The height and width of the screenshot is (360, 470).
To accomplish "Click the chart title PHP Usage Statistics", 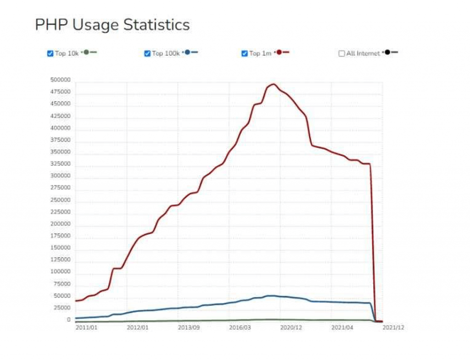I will click(112, 24).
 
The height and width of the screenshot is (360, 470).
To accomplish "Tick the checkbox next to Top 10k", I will click(50, 53).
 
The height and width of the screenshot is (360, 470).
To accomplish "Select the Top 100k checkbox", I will click(147, 53).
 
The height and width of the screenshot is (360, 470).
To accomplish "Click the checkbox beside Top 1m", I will click(245, 53).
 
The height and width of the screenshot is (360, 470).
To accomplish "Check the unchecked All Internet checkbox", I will click(341, 53).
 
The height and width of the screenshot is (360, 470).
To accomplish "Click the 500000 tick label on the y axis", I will click(61, 80).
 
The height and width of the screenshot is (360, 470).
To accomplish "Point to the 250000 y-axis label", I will click(61, 200).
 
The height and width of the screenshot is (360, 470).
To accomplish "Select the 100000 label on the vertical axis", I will click(61, 271).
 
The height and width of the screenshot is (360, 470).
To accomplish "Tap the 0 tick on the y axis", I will click(68, 320).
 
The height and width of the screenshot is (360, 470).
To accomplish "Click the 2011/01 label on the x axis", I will click(86, 327).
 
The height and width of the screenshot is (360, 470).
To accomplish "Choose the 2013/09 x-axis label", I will click(189, 327).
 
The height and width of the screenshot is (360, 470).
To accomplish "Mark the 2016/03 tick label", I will click(240, 327).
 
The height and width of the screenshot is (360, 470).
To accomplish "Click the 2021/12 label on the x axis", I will click(393, 327).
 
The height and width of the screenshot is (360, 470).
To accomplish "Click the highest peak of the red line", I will click(274, 84).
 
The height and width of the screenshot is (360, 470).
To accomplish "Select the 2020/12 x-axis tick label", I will click(291, 327).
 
